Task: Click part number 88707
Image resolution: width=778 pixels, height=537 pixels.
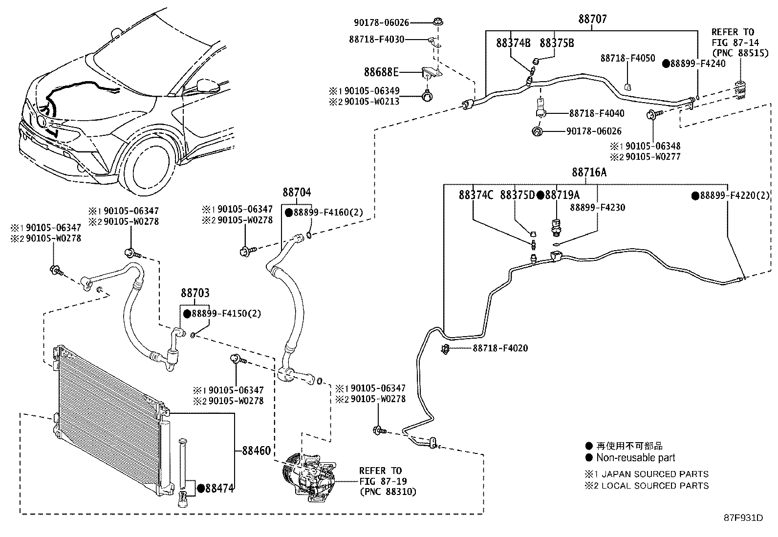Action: (592, 19)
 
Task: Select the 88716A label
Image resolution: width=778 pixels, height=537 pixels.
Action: (589, 172)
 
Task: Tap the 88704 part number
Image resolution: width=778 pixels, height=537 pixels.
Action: (296, 192)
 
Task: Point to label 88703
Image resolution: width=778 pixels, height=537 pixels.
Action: (195, 293)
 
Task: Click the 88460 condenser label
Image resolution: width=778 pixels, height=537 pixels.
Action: (256, 451)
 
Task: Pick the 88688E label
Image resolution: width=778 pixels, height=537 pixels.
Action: (381, 72)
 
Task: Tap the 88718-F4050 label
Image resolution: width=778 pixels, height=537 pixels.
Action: (627, 59)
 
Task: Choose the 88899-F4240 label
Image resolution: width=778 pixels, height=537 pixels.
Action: (698, 64)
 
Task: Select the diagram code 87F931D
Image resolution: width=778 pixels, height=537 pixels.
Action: (743, 517)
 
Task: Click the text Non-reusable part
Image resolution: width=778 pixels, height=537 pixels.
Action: (635, 458)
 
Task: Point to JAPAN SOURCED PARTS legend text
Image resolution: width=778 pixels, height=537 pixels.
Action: (655, 474)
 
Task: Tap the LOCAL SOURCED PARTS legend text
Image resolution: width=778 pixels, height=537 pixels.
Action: (655, 486)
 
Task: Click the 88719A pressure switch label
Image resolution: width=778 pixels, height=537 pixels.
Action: (562, 195)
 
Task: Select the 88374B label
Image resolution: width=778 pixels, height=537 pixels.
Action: (513, 43)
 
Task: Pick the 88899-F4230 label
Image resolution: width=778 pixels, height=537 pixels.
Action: (597, 207)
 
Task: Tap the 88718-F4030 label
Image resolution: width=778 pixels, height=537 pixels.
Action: (377, 39)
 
